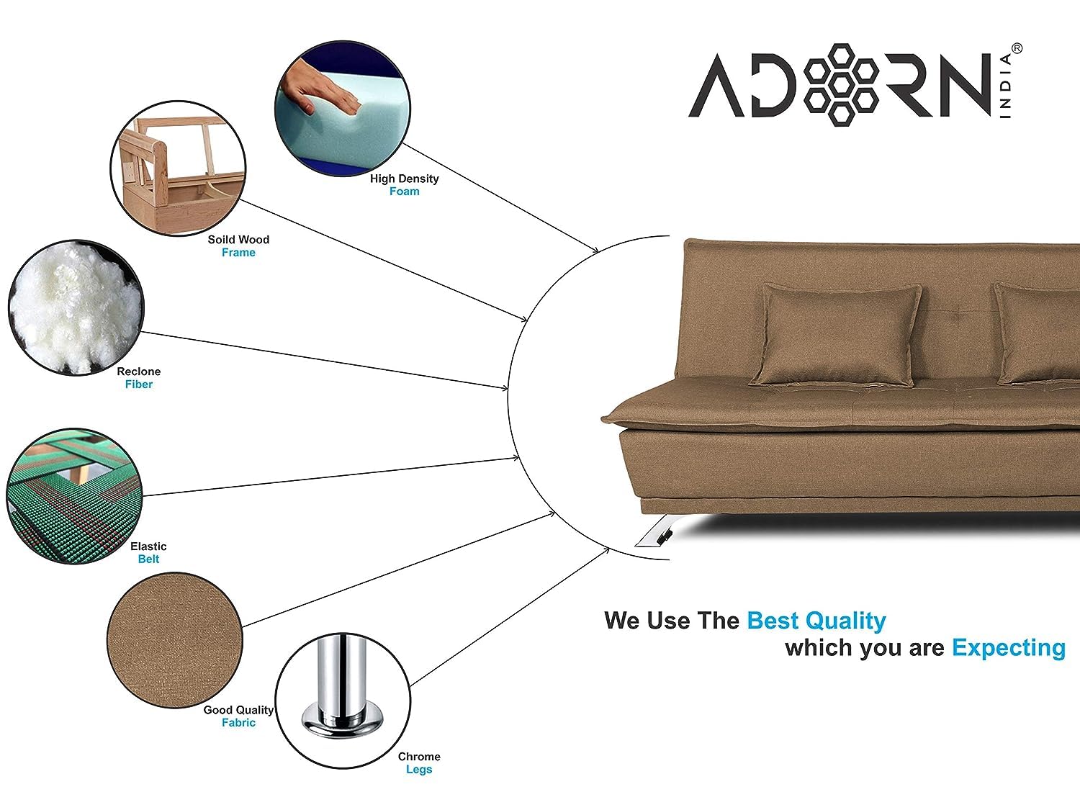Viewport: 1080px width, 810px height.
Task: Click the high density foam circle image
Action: [x=343, y=109]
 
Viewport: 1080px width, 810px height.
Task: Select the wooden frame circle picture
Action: [x=178, y=168]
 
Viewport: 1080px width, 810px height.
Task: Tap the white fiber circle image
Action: [x=76, y=308]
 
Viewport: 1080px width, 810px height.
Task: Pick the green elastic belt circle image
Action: [x=74, y=496]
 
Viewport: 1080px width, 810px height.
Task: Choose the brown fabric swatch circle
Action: [x=175, y=640]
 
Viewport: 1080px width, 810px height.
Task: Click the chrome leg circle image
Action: [x=343, y=701]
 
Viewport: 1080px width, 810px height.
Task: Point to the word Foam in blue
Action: [x=405, y=192]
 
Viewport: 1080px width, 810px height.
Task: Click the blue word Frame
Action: [x=238, y=252]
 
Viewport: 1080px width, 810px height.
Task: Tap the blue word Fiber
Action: [x=139, y=384]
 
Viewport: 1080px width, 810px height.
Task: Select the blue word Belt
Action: [x=148, y=559]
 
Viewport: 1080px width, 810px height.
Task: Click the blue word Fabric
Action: [x=238, y=722]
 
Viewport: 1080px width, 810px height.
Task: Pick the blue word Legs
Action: [x=419, y=770]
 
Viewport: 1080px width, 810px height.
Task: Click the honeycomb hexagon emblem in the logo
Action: [x=841, y=84]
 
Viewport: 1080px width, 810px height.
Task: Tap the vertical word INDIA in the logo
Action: [x=1006, y=86]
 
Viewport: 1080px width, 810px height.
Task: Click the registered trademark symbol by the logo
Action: [x=1017, y=48]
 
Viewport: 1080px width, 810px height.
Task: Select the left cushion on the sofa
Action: [x=836, y=336]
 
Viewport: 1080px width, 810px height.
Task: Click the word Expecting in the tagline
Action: [x=1009, y=648]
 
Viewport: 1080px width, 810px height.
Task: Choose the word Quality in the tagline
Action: [x=845, y=621]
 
